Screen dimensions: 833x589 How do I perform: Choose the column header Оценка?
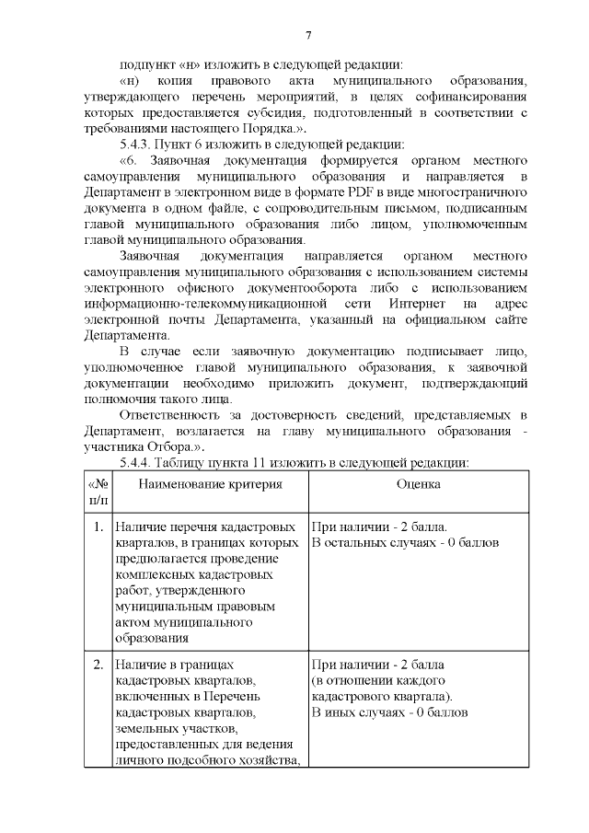pyautogui.click(x=419, y=484)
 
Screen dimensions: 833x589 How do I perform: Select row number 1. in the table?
pyautogui.click(x=98, y=527)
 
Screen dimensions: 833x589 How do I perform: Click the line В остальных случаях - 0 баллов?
pyautogui.click(x=406, y=543)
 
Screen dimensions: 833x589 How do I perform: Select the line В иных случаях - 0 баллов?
pyautogui.click(x=390, y=712)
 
